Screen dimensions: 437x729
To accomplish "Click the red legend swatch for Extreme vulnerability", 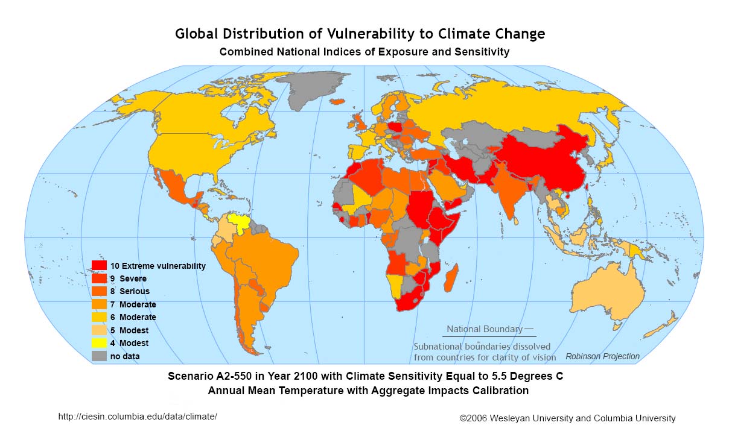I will pyautogui.click(x=99, y=266).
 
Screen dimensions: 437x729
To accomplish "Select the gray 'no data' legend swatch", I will pyautogui.click(x=99, y=356).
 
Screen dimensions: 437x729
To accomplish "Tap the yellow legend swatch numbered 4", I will pyautogui.click(x=99, y=343).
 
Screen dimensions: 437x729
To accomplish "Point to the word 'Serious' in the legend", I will pyautogui.click(x=135, y=292).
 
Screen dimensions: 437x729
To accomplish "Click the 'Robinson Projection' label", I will pyautogui.click(x=602, y=356).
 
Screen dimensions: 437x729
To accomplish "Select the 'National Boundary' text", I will pyautogui.click(x=485, y=329).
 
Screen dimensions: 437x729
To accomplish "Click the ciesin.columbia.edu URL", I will pyautogui.click(x=137, y=417).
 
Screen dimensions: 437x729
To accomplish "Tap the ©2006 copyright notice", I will pyautogui.click(x=567, y=418).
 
